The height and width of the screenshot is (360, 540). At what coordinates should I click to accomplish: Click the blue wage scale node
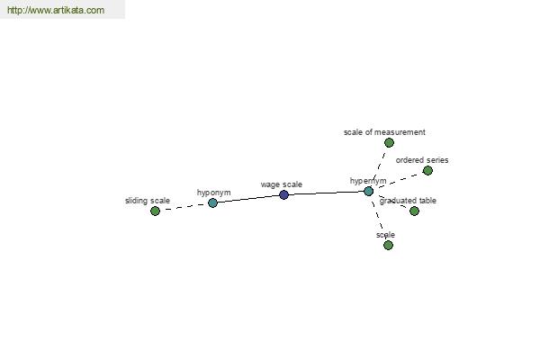tap(283, 194)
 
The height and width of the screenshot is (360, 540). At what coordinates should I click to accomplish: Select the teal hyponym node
tap(212, 202)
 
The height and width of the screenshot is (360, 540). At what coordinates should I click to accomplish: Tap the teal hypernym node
tap(368, 191)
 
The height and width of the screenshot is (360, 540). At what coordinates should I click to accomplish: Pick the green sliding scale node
tap(156, 211)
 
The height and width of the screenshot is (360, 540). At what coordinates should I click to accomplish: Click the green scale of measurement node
tap(389, 142)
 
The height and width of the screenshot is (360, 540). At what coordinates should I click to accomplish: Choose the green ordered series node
tap(427, 170)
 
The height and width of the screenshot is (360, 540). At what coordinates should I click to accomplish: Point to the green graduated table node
tap(414, 211)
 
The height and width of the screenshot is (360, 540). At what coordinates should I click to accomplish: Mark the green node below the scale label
tap(388, 246)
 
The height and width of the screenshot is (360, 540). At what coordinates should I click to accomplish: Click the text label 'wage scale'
tap(282, 184)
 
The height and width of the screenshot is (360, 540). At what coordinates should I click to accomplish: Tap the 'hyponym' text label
tap(214, 193)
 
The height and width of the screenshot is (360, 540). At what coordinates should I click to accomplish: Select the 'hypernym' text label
tap(368, 181)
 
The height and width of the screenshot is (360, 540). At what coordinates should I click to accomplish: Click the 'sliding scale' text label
tap(148, 201)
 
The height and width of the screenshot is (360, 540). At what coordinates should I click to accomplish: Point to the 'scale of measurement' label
tap(384, 132)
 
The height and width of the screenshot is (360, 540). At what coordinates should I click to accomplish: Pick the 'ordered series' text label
tap(422, 160)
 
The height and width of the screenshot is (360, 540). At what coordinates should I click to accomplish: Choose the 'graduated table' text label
tap(408, 201)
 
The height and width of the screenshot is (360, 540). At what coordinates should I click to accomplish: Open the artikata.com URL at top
tap(56, 10)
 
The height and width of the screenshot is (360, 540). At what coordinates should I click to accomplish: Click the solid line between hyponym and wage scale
tap(248, 199)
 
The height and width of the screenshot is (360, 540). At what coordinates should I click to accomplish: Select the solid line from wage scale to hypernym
tap(326, 193)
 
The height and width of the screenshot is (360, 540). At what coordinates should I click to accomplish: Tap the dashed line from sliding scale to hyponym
tap(184, 207)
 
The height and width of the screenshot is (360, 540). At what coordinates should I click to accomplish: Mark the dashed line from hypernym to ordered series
tap(398, 181)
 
